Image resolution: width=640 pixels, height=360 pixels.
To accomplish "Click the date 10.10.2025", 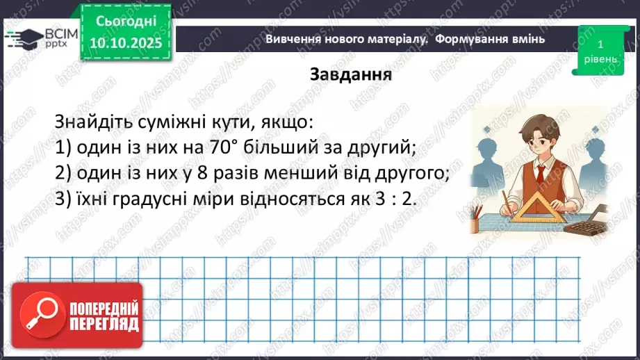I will (124, 43).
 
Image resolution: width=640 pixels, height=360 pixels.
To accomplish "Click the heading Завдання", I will (351, 74).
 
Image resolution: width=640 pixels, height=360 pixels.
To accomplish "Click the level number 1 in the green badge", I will (600, 44).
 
